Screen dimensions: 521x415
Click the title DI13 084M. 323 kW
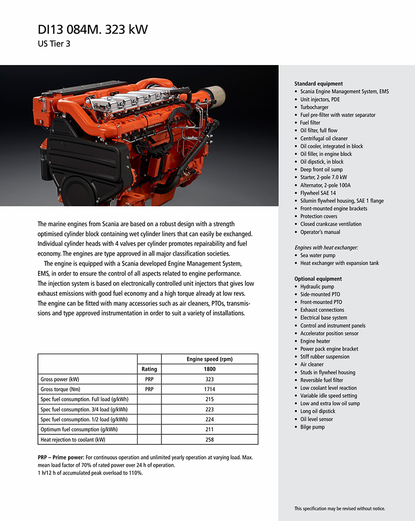click(92, 30)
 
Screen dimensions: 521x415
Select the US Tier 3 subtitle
click(54, 44)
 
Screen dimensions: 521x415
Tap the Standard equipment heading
click(318, 84)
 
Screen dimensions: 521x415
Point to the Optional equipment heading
click(318, 279)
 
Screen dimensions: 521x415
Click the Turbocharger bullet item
click(314, 107)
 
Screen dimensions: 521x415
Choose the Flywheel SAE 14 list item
click(318, 193)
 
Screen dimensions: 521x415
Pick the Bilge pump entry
click(312, 427)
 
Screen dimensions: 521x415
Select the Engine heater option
click(315, 341)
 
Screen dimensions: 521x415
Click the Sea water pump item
click(317, 255)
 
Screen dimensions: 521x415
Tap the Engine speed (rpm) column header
click(209, 359)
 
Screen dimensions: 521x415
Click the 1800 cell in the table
click(209, 369)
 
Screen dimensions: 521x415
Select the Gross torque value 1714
click(209, 389)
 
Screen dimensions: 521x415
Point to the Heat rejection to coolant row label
click(73, 440)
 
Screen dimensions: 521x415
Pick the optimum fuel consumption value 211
click(209, 429)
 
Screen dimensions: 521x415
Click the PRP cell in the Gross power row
click(149, 379)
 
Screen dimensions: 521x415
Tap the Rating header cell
click(149, 369)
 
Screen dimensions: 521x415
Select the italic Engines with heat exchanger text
click(326, 247)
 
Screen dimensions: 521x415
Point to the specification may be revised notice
click(339, 508)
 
